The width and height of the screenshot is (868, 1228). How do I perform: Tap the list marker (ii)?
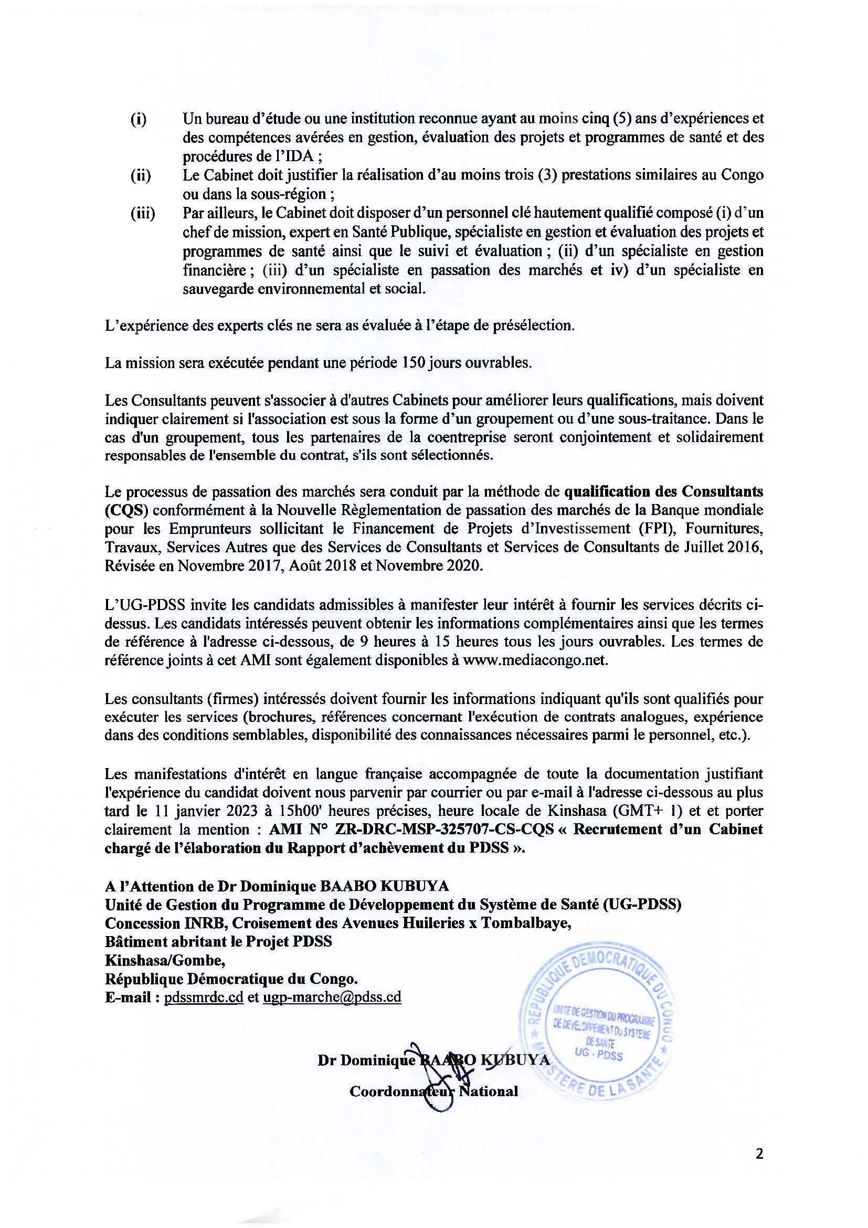click(x=141, y=175)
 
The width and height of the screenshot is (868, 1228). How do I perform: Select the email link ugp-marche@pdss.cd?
click(x=332, y=997)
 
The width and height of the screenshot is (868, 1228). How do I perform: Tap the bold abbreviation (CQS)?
click(x=121, y=510)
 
